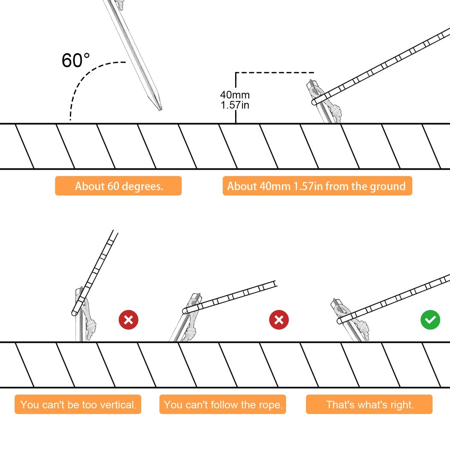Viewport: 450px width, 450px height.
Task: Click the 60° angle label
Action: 76,60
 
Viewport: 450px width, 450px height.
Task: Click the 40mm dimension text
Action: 235,94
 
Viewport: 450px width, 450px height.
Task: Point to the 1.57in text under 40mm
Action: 235,105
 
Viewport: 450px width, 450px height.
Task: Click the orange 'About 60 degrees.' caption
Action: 118,186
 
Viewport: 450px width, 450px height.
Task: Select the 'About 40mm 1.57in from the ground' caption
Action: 317,186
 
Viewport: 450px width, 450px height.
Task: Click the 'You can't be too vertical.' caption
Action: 78,405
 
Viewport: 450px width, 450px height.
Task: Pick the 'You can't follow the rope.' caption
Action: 223,405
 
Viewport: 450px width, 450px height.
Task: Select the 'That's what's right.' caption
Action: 370,405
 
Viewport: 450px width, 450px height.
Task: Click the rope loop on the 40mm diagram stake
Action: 316,93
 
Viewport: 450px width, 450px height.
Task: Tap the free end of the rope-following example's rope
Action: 275,283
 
